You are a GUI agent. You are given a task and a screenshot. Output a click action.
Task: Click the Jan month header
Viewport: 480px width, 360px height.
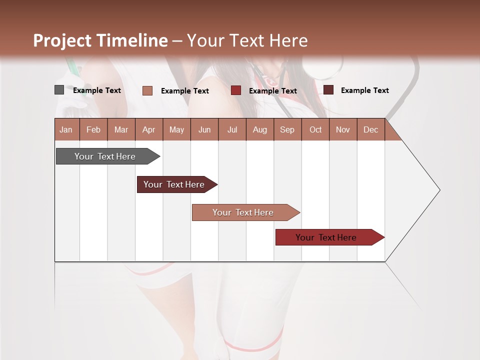[66, 130]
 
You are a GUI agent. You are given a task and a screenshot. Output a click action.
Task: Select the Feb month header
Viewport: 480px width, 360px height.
[93, 130]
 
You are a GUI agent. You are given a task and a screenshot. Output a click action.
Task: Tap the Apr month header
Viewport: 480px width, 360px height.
[148, 130]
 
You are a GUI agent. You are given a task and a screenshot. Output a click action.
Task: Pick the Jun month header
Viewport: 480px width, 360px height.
[204, 130]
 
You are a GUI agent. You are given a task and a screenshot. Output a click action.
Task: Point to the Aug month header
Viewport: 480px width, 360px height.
[259, 130]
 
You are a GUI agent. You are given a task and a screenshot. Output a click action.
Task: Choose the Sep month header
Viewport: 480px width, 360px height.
[287, 130]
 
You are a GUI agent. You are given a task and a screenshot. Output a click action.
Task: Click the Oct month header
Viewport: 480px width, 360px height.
[315, 130]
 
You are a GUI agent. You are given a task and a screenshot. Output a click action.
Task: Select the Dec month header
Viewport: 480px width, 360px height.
[370, 130]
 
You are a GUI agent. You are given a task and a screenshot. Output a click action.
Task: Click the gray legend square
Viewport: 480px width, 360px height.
[59, 90]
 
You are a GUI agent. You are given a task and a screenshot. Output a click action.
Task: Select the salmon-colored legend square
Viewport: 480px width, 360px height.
[147, 90]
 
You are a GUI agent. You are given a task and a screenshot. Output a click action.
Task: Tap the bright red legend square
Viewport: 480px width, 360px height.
[235, 90]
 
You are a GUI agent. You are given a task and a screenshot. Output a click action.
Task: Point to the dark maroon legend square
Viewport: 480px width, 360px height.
[328, 90]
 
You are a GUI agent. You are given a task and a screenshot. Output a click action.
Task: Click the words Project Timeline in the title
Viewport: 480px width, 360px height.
[100, 40]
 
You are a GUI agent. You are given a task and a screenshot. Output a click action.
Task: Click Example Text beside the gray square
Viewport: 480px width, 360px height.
[97, 90]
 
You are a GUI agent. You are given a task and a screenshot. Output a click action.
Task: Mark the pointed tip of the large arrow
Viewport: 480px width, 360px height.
[438, 190]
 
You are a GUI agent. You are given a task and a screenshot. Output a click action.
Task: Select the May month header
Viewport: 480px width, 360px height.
[176, 130]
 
